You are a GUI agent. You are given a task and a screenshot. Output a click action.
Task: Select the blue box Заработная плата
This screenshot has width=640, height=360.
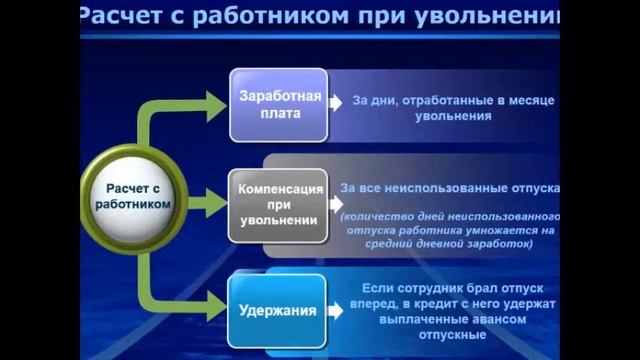click(279, 105)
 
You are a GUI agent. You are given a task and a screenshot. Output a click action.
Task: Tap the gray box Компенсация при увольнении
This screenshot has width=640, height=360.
click(279, 205)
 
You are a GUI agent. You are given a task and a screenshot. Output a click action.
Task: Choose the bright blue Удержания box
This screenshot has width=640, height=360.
click(279, 309)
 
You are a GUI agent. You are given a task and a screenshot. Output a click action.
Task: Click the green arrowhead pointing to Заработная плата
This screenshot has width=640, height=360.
click(214, 102)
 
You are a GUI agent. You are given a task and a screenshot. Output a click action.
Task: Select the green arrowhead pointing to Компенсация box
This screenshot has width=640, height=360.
click(214, 204)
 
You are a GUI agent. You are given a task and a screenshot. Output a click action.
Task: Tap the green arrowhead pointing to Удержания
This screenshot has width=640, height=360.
click(214, 307)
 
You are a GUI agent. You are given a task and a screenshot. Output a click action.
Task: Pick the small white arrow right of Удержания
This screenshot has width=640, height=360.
click(337, 310)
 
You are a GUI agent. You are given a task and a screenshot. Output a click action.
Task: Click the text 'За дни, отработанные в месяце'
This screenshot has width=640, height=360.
click(453, 101)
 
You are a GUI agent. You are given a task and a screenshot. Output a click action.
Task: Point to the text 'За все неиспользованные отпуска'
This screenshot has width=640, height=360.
click(451, 188)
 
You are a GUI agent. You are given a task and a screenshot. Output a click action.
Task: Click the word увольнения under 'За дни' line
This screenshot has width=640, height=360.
click(452, 116)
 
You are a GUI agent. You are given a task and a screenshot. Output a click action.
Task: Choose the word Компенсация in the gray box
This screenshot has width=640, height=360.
click(279, 189)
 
